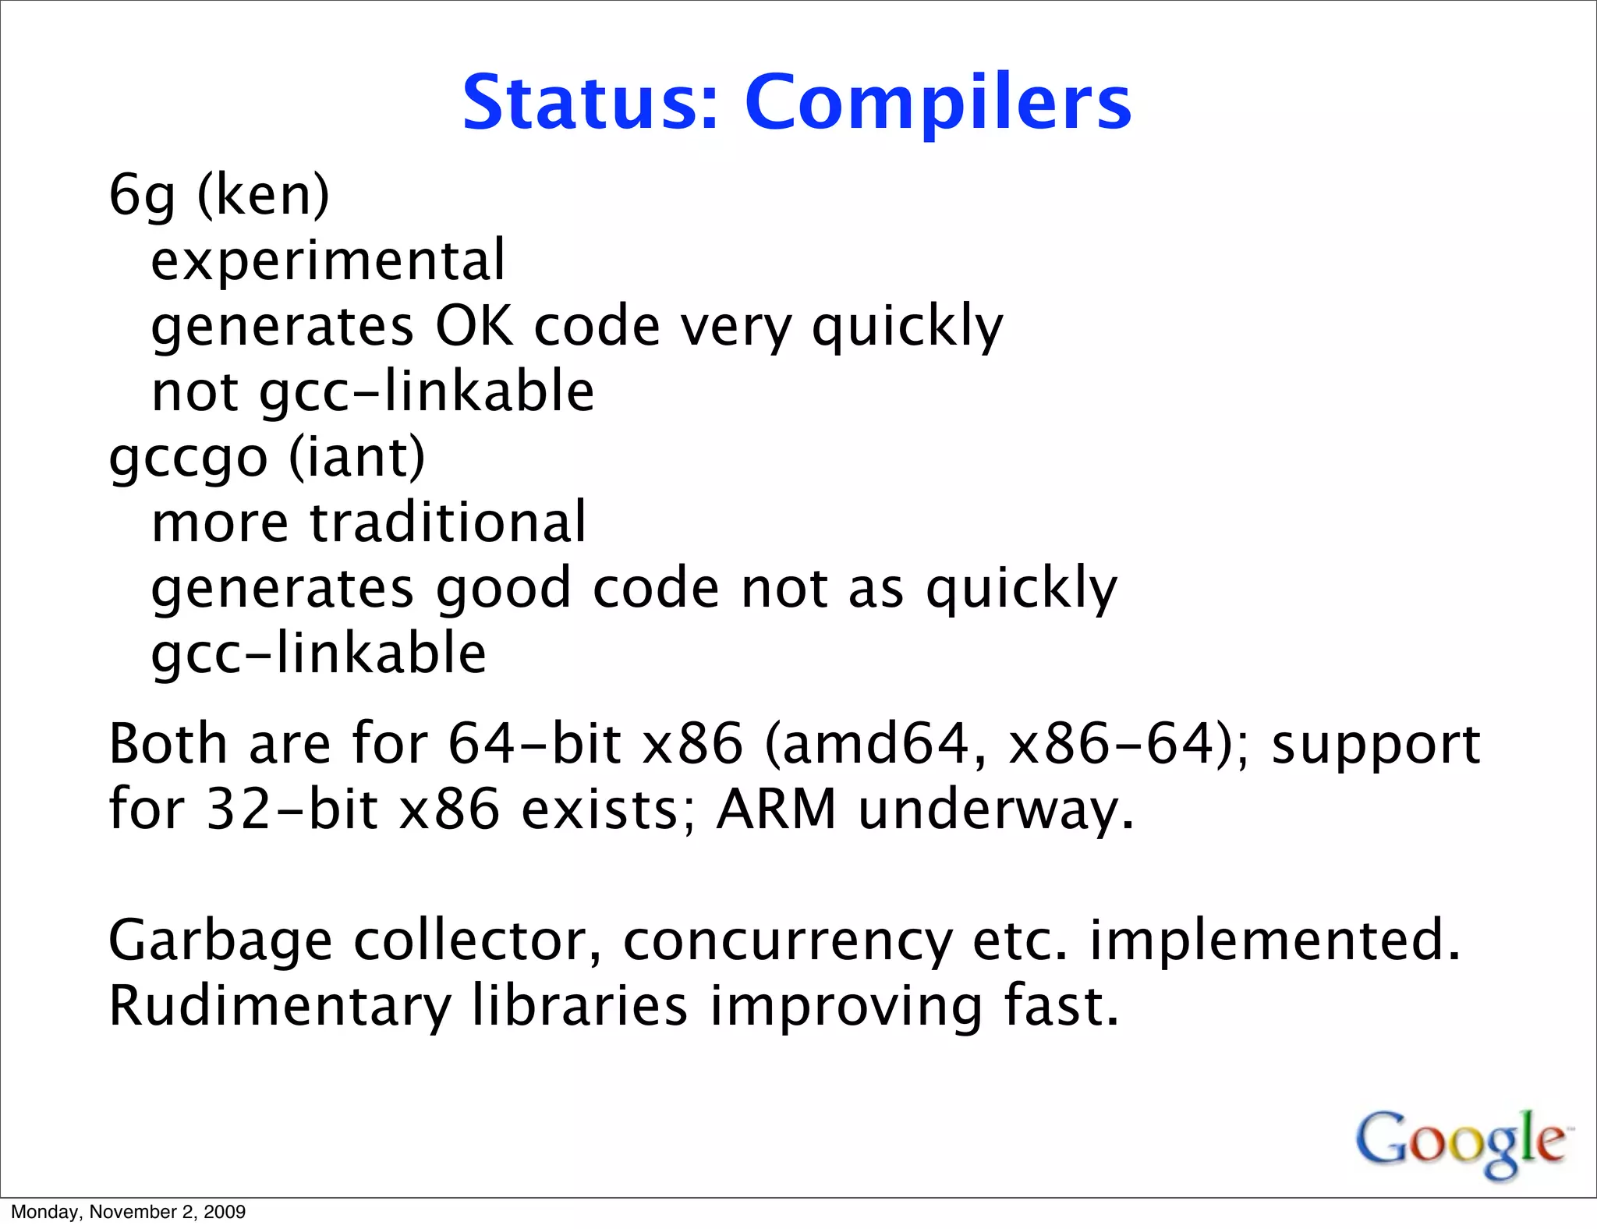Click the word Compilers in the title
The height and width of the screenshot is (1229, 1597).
(937, 104)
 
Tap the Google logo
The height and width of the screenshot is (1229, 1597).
(1461, 1142)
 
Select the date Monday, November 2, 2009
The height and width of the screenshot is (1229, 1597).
(128, 1212)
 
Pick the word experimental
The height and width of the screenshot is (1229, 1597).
(328, 260)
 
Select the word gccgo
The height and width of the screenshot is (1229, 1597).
(188, 459)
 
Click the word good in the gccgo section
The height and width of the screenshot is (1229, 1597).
(503, 588)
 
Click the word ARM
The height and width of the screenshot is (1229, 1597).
(776, 809)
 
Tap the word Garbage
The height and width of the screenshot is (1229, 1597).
(220, 941)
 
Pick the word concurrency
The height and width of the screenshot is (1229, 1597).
(788, 941)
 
